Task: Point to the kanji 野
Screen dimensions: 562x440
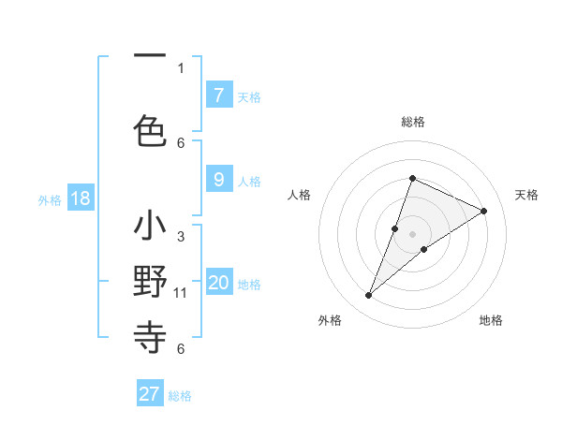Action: (150, 282)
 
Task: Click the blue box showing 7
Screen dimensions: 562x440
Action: (218, 95)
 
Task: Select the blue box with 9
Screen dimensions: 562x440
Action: (218, 180)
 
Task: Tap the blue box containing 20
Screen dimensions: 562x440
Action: (218, 283)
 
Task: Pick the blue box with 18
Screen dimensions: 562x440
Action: (80, 198)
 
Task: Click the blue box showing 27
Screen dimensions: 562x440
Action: (150, 394)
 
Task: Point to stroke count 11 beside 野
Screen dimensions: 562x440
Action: (181, 293)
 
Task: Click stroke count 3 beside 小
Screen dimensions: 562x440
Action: (181, 237)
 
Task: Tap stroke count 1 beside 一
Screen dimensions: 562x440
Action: (181, 67)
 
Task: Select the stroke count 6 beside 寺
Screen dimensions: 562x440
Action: (181, 349)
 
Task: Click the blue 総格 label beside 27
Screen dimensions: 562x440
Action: (180, 396)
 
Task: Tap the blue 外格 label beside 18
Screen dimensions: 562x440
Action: (50, 199)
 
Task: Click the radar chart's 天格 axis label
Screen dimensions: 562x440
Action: (526, 195)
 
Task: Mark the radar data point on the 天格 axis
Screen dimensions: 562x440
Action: (484, 211)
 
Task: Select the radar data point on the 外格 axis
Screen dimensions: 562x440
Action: (368, 296)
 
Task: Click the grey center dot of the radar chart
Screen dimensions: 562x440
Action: (412, 234)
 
